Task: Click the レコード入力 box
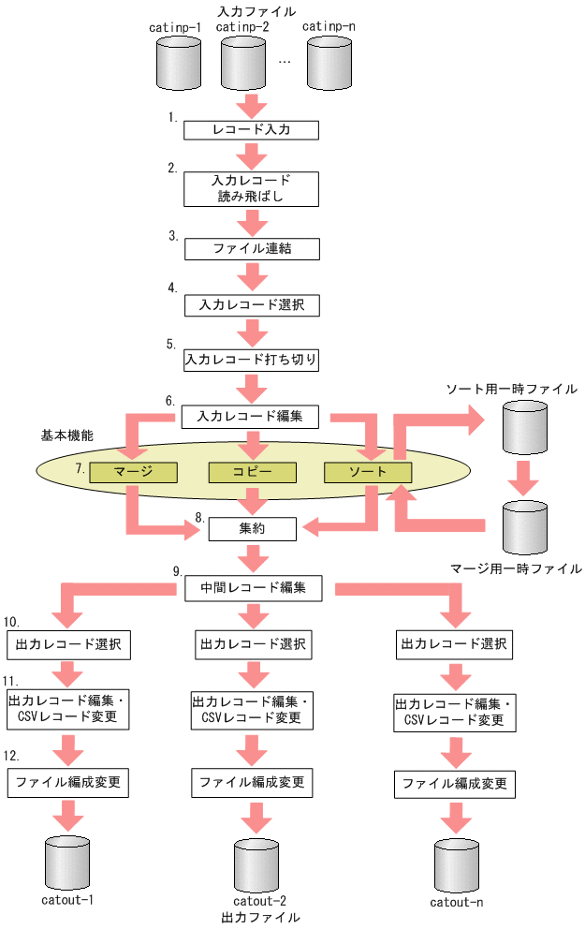pyautogui.click(x=252, y=130)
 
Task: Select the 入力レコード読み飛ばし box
pyautogui.click(x=252, y=188)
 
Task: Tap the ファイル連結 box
pyautogui.click(x=252, y=249)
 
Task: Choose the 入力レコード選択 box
pyautogui.click(x=252, y=304)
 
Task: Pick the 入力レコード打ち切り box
pyautogui.click(x=252, y=359)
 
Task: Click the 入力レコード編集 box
pyautogui.click(x=252, y=414)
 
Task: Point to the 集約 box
pyautogui.click(x=252, y=529)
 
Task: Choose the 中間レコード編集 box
pyautogui.click(x=252, y=588)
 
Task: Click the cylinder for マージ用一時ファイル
pyautogui.click(x=524, y=527)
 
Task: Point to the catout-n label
pyautogui.click(x=457, y=903)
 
